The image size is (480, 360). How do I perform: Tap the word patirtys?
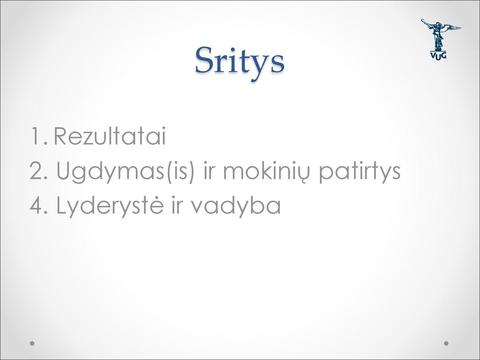pos(360,172)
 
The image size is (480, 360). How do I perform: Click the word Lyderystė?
pos(110,206)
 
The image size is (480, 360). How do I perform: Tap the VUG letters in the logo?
pos(438,55)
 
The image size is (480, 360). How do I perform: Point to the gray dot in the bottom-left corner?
pos(32,343)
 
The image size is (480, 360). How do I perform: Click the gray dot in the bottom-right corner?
pos(446,343)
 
